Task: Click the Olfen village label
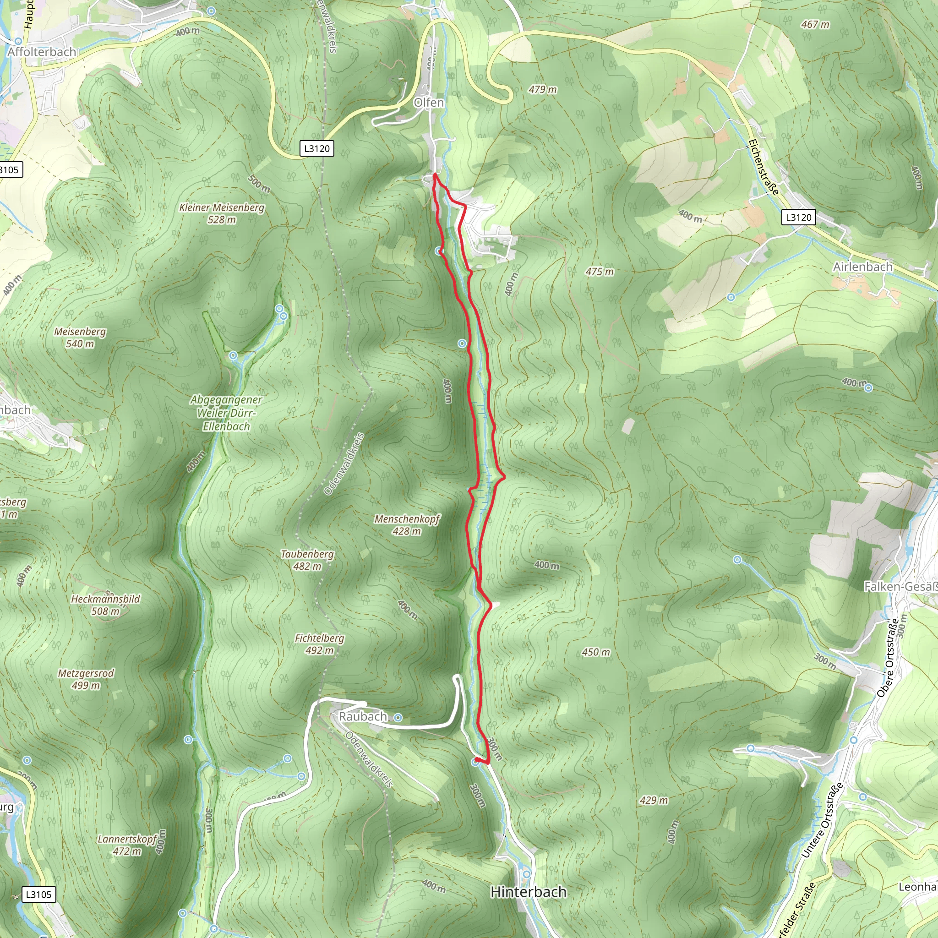point(429,103)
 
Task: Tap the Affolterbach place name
point(42,51)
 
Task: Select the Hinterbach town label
point(528,892)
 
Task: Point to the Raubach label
point(363,717)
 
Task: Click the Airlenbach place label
point(862,267)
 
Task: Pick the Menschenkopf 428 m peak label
point(407,525)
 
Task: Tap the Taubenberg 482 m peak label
point(307,560)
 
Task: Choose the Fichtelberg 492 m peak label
point(320,644)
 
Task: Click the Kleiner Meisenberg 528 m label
point(222,213)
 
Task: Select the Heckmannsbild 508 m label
point(105,605)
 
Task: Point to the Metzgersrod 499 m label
point(86,679)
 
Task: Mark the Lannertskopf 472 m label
point(127,845)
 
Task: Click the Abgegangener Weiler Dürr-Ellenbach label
point(226,413)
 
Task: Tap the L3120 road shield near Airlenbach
point(798,217)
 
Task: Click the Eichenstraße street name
point(763,167)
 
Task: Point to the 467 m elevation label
point(815,24)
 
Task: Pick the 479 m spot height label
point(543,89)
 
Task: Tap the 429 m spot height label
point(654,800)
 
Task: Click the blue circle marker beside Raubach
point(398,718)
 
